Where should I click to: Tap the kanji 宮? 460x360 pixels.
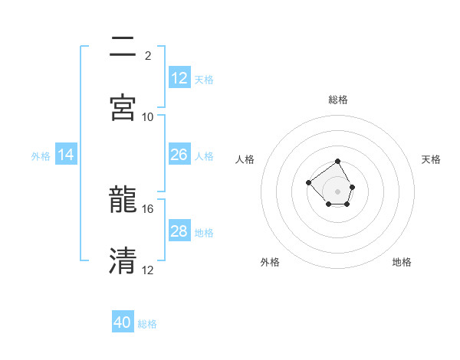[x=123, y=107]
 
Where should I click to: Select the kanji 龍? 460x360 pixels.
[x=123, y=199]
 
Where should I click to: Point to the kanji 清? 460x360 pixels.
[x=123, y=260]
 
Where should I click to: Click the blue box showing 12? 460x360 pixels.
[x=179, y=78]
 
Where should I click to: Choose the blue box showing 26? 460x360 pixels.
[x=179, y=155]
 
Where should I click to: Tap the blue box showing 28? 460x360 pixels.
[x=179, y=231]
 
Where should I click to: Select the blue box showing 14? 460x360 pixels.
[x=66, y=155]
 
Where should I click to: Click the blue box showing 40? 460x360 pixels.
[x=123, y=322]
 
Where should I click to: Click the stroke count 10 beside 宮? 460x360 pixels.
[x=148, y=117]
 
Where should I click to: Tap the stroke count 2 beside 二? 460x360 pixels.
[x=148, y=56]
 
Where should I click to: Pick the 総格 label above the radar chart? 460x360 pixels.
[x=338, y=100]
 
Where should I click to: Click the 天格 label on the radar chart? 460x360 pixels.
[x=431, y=159]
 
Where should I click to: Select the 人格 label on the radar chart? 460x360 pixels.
[x=245, y=159]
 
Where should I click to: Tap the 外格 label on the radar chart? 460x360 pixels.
[x=270, y=262]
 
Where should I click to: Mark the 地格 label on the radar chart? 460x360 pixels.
[x=402, y=262]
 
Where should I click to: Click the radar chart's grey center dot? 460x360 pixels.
[x=338, y=191]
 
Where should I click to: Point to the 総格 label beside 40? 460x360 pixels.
[x=147, y=324]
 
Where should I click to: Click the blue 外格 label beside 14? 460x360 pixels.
[x=41, y=156]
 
